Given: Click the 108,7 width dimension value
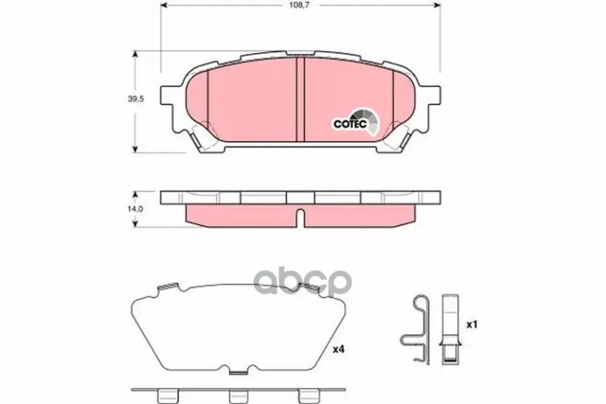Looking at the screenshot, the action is pos(301,5).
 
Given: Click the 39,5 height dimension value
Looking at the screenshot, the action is pos(136,99).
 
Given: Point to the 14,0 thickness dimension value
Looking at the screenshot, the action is pos(136,208).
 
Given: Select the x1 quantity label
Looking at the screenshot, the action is pos(472,324).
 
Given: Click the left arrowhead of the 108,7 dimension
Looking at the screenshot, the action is pos(164,5).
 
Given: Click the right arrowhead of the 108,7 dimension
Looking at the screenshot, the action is pos(437,5).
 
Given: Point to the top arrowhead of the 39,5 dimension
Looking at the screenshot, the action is pos(135,54).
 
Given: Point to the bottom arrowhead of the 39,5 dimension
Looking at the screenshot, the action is pos(135,149).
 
